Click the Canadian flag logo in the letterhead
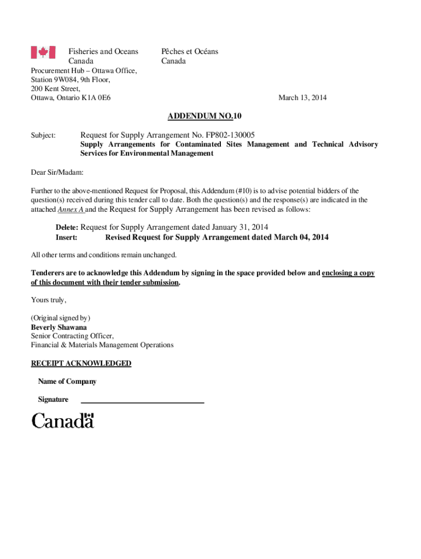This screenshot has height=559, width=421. point(43,52)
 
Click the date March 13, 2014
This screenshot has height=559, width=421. point(302,98)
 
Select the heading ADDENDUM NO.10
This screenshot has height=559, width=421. point(204,116)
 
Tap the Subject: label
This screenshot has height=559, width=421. point(43,135)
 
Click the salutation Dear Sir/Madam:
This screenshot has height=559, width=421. point(57,173)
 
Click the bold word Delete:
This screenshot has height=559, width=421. point(67,227)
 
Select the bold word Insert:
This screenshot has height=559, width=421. point(66,237)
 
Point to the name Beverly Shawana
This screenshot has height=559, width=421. point(59,327)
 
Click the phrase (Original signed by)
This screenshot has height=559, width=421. point(61,318)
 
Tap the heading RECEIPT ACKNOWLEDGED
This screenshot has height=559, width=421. point(81,363)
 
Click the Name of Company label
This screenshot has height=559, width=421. point(67,382)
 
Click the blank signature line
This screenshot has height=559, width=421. point(142,402)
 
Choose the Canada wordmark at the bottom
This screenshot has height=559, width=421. point(63,420)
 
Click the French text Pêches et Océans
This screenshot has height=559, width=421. point(190,51)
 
